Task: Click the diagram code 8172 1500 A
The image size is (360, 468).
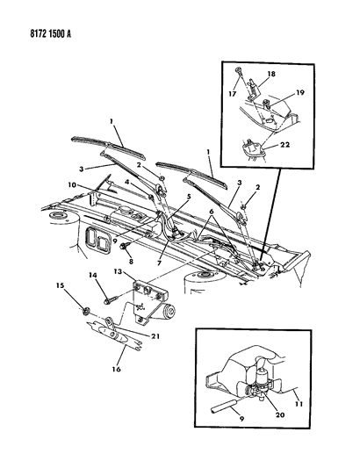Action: pos(50,34)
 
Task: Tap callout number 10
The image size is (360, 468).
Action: pos(72,185)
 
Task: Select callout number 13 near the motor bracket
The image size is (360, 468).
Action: pos(118,271)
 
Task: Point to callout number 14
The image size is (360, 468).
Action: pos(93,275)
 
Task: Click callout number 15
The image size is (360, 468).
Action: pos(60,285)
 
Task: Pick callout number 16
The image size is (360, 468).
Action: pos(117,369)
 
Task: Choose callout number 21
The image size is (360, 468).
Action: pos(155,336)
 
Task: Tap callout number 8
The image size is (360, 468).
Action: pos(130,262)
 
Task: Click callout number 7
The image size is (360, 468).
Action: pos(160,263)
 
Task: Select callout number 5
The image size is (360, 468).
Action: pos(189,197)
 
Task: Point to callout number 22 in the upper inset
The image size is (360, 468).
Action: pos(285,145)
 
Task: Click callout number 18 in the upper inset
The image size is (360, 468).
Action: pos(271,74)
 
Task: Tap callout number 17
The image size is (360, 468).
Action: pos(233,94)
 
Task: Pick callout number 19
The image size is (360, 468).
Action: pos(300,92)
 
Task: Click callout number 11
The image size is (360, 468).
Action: pos(299,404)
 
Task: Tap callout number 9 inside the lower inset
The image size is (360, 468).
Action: pos(241,419)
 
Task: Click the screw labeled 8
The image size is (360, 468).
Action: pos(124,247)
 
